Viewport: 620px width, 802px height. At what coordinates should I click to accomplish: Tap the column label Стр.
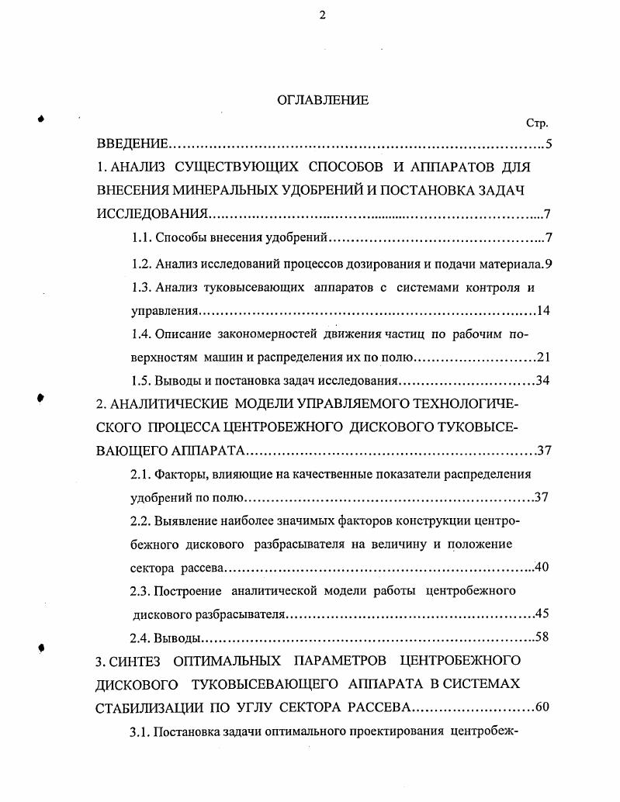tap(537, 123)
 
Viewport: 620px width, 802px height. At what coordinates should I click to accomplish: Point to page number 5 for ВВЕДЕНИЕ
tap(548, 145)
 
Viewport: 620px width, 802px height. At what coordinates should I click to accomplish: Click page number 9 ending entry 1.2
tap(548, 264)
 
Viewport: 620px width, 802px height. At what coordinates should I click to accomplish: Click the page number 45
tap(542, 614)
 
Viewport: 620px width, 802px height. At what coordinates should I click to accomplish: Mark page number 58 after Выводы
tap(542, 638)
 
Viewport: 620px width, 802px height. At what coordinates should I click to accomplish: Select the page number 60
tap(542, 707)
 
